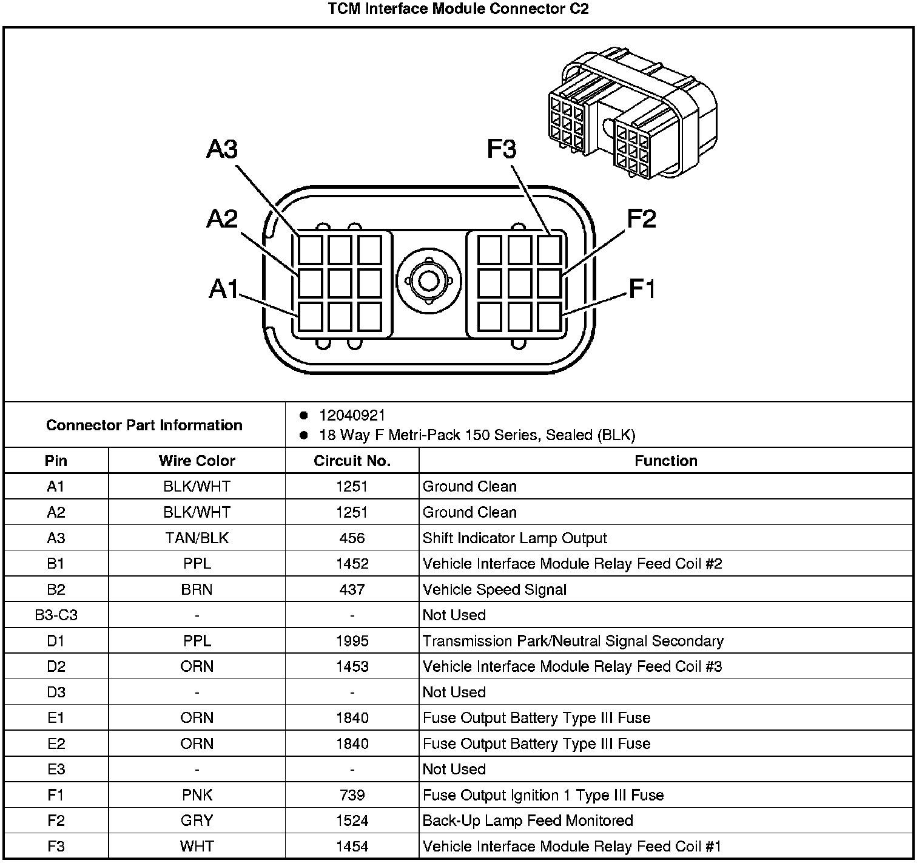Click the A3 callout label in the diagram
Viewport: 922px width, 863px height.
[222, 149]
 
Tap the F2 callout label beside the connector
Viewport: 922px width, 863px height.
[641, 219]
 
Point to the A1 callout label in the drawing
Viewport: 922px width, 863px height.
[224, 289]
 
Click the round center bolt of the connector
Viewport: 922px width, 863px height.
[429, 281]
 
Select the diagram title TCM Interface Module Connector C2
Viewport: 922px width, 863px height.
[458, 9]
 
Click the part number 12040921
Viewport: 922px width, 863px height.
[352, 416]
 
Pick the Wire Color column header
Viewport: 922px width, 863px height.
[197, 461]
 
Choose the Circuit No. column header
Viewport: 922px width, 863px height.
[352, 461]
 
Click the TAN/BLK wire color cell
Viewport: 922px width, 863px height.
[197, 538]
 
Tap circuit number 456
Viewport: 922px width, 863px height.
[352, 538]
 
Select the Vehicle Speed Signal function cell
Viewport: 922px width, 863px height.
[494, 589]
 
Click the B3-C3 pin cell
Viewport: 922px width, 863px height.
[56, 615]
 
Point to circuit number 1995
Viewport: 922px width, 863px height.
[352, 641]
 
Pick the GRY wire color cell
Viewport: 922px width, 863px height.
[197, 821]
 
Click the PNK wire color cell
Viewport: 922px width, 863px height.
[197, 795]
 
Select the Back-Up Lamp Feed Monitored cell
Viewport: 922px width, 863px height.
[528, 821]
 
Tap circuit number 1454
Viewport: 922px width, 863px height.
[352, 846]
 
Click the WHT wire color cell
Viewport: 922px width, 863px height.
[197, 846]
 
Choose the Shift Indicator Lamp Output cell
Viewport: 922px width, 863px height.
[514, 538]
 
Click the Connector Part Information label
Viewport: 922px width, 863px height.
[144, 425]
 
